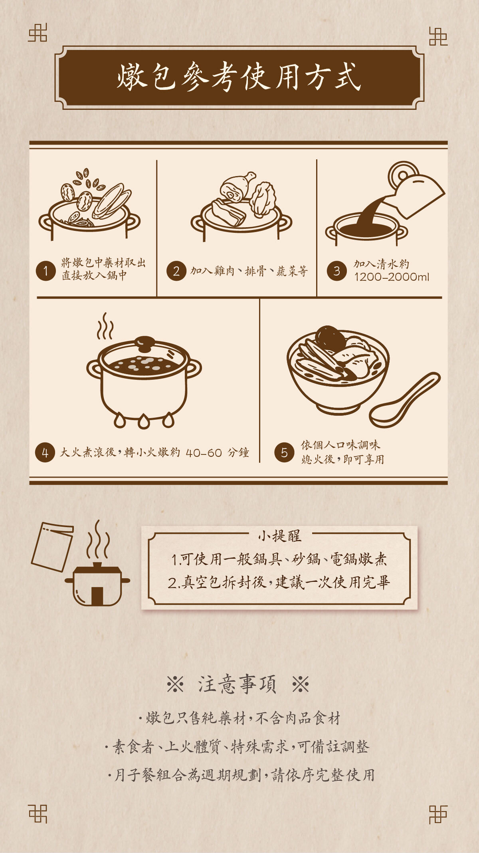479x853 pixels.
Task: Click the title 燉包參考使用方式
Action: pyautogui.click(x=239, y=77)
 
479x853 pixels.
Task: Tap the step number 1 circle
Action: pyautogui.click(x=46, y=271)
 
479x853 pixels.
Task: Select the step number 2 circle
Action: pyautogui.click(x=176, y=271)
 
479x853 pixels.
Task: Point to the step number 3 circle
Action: pyautogui.click(x=336, y=271)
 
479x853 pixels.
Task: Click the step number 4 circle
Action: pyautogui.click(x=45, y=453)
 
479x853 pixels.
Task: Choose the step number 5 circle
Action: pyautogui.click(x=284, y=453)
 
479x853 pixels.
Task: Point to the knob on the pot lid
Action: pyautogui.click(x=144, y=343)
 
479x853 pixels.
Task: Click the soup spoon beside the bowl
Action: pyautogui.click(x=404, y=401)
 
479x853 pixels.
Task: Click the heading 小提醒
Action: pyautogui.click(x=279, y=536)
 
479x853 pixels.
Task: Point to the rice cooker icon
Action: pyautogui.click(x=97, y=584)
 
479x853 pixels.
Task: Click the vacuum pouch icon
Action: pyautogui.click(x=53, y=546)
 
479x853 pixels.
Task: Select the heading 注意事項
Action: pyautogui.click(x=237, y=684)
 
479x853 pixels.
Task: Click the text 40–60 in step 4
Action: pyautogui.click(x=204, y=453)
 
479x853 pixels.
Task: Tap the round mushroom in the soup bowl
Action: pyautogui.click(x=330, y=339)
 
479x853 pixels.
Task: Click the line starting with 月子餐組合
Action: pyautogui.click(x=241, y=775)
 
